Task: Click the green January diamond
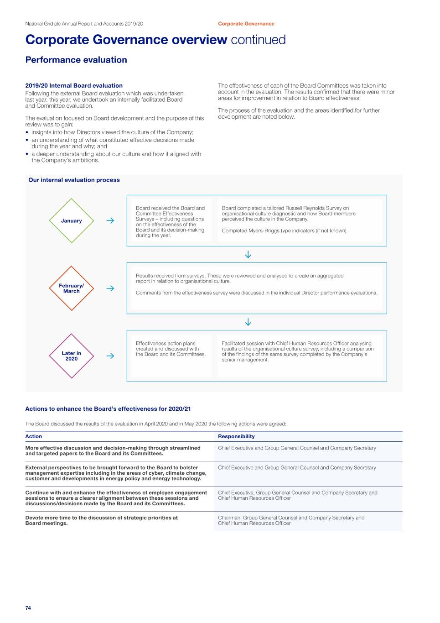pyautogui.click(x=71, y=220)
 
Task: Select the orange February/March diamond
pyautogui.click(x=71, y=288)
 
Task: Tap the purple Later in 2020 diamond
pyautogui.click(x=71, y=356)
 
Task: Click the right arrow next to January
pyautogui.click(x=110, y=220)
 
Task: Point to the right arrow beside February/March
pyautogui.click(x=110, y=288)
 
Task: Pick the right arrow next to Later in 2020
pyautogui.click(x=110, y=356)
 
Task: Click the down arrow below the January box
pyautogui.click(x=248, y=255)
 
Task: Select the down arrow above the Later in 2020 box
pyautogui.click(x=248, y=322)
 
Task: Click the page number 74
pyautogui.click(x=28, y=608)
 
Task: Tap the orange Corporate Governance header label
pyautogui.click(x=246, y=24)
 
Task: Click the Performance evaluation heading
pyautogui.click(x=76, y=60)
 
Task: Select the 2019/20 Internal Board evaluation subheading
pyautogui.click(x=74, y=85)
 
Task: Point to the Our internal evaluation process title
pyautogui.click(x=74, y=180)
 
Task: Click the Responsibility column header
pyautogui.click(x=236, y=436)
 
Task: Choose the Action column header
pyautogui.click(x=34, y=436)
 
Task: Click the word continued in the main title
pyautogui.click(x=258, y=40)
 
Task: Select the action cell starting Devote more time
pyautogui.click(x=101, y=520)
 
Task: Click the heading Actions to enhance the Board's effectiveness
pyautogui.click(x=108, y=409)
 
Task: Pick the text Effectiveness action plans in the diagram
pyautogui.click(x=166, y=344)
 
